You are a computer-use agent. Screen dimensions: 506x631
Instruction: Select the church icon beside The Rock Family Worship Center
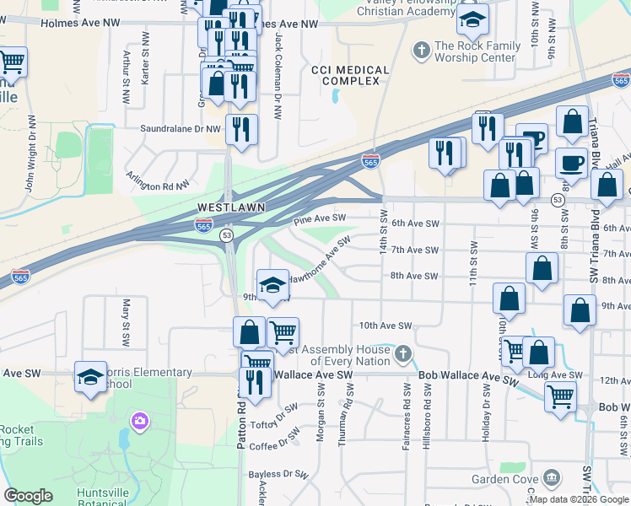(x=420, y=51)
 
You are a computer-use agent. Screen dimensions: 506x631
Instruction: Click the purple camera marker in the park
(x=138, y=420)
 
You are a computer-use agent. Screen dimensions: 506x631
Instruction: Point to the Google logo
(x=28, y=496)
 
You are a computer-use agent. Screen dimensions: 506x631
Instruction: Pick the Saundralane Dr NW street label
(x=181, y=129)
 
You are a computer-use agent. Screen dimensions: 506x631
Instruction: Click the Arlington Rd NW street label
(x=157, y=180)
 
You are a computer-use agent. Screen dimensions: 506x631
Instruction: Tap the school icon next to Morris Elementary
(x=90, y=378)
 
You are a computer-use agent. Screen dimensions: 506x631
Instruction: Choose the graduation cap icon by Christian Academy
(x=473, y=18)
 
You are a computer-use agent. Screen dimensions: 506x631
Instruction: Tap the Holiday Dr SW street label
(x=486, y=399)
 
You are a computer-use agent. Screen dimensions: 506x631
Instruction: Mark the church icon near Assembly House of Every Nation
(x=403, y=353)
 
